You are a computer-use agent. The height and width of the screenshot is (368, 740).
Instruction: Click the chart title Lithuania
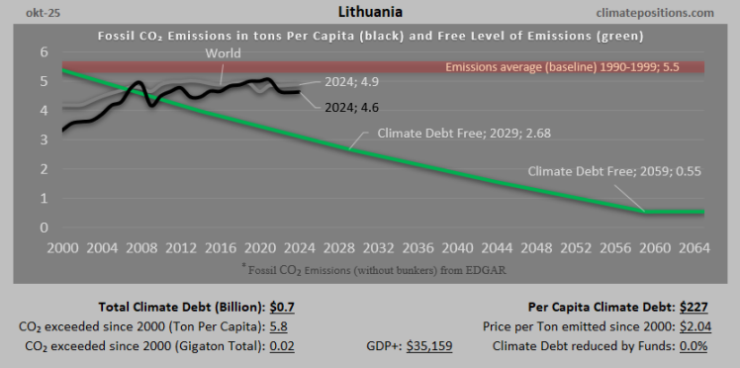click(369, 12)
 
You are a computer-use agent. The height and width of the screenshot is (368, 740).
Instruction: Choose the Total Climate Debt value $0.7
click(283, 307)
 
